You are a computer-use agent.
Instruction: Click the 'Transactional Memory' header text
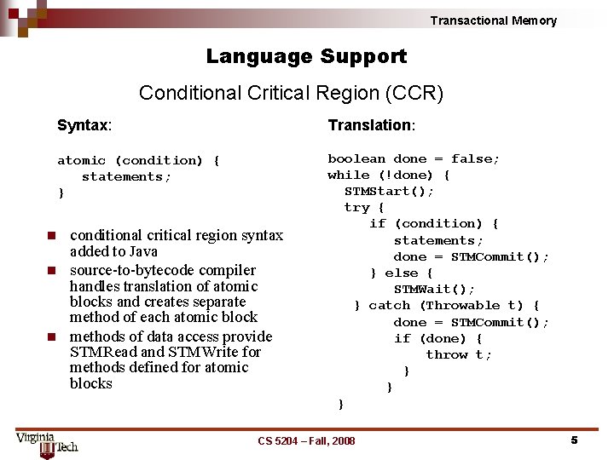[493, 20]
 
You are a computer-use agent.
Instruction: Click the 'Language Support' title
[306, 57]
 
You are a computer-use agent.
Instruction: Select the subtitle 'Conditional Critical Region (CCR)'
[291, 93]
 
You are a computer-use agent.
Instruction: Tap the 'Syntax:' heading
[84, 125]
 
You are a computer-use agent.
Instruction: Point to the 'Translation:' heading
[371, 125]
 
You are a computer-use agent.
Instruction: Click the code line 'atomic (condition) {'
[138, 160]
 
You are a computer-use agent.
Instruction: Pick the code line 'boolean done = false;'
[414, 158]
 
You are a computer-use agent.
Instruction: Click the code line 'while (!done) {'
[389, 175]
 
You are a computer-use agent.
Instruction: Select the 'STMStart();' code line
[389, 191]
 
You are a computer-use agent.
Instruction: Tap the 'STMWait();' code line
[434, 289]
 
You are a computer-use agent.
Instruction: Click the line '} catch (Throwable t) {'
[447, 305]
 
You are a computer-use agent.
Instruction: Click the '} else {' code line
[402, 273]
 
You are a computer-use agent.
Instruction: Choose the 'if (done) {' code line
[437, 338]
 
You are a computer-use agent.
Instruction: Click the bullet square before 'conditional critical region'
[52, 235]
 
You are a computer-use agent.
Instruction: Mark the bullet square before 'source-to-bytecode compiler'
[52, 270]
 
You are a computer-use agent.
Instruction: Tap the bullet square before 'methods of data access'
[52, 336]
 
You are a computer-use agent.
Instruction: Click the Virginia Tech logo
[47, 442]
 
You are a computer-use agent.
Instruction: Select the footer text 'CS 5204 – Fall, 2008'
[306, 440]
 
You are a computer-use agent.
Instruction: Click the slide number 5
[574, 440]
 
